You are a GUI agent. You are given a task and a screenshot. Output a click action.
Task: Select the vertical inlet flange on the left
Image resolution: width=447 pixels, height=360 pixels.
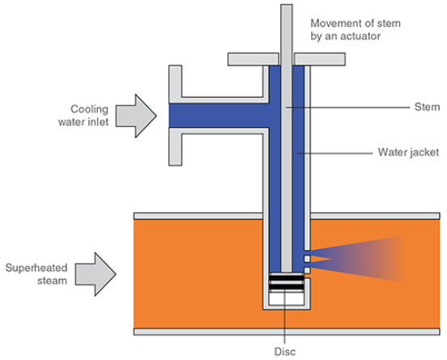[173, 114]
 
